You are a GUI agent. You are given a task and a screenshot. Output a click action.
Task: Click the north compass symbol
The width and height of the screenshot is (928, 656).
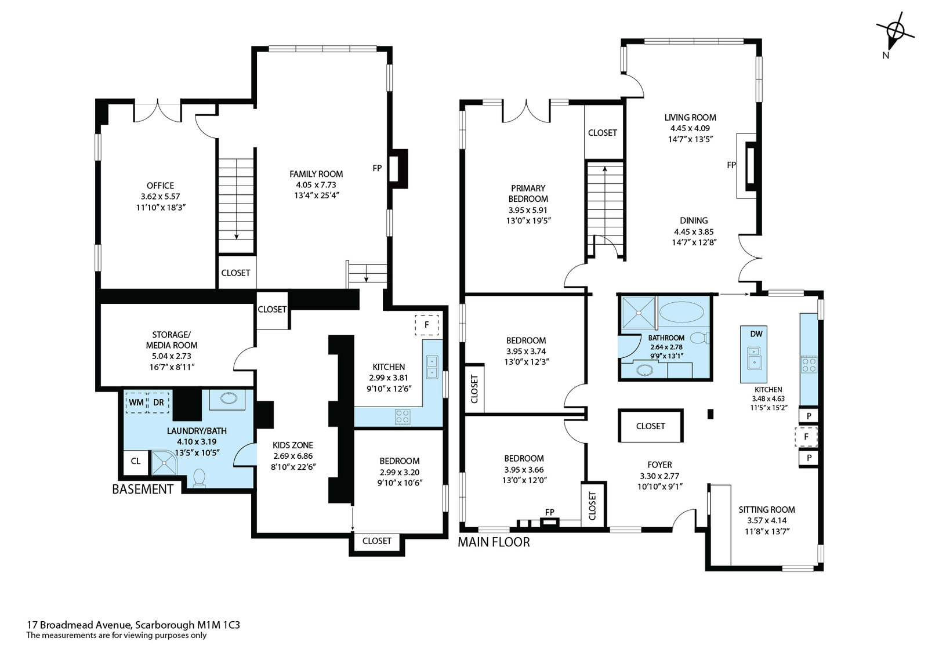895,32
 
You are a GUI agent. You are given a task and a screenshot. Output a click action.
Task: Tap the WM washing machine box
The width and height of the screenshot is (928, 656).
136,403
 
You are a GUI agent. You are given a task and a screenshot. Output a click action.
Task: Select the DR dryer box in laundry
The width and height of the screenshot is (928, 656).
158,403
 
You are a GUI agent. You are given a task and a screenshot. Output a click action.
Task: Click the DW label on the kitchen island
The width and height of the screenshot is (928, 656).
756,334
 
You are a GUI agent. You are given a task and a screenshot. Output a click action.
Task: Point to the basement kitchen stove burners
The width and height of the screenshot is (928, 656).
403,416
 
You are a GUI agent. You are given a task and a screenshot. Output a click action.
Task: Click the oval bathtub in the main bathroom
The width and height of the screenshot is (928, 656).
681,312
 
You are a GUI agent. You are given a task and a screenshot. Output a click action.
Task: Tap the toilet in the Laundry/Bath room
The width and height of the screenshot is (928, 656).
200,478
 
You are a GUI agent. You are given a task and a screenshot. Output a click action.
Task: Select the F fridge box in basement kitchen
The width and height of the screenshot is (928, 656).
427,324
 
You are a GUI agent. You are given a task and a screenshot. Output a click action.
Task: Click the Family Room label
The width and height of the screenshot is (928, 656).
316,174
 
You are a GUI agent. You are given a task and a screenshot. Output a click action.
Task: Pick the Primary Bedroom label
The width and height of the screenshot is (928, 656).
528,194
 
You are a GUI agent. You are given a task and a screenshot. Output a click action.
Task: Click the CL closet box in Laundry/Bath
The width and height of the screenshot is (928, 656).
136,461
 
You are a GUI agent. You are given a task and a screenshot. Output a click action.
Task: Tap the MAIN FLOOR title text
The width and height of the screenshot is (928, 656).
494,542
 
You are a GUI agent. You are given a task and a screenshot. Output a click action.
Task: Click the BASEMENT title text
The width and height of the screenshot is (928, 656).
143,490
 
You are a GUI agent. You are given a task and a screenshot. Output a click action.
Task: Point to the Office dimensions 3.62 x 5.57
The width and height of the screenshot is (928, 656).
160,197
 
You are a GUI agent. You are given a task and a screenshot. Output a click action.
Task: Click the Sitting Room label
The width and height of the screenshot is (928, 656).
767,510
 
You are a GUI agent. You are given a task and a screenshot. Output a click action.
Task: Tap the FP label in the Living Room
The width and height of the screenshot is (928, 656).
731,165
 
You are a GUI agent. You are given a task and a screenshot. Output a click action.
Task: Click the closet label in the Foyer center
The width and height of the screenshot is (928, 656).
650,426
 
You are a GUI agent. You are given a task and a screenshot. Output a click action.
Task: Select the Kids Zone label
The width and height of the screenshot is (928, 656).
293,445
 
